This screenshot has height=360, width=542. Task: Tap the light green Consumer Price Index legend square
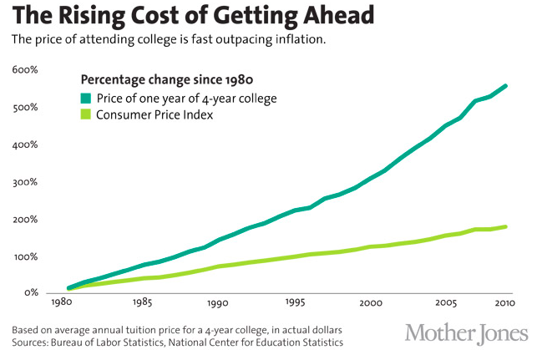85,115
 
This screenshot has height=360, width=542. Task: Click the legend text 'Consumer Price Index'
154,115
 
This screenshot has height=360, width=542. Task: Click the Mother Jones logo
467,332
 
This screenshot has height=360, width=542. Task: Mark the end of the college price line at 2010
506,85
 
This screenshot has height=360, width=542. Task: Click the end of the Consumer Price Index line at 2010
506,226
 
